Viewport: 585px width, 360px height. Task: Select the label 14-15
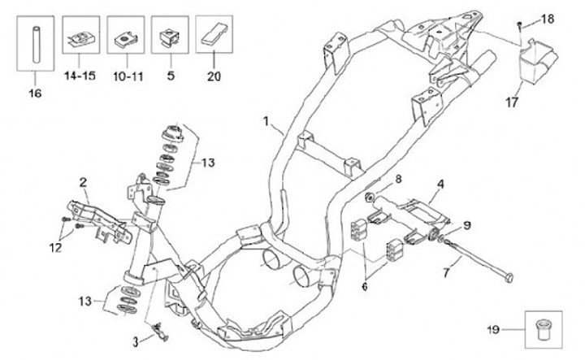(80, 76)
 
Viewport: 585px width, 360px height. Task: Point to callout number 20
(214, 76)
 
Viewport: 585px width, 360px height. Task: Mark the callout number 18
(546, 18)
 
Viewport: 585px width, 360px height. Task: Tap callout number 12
(54, 248)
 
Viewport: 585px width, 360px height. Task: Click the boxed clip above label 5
(170, 37)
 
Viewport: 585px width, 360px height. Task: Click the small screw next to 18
(520, 26)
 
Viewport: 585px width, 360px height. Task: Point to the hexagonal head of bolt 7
(508, 278)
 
